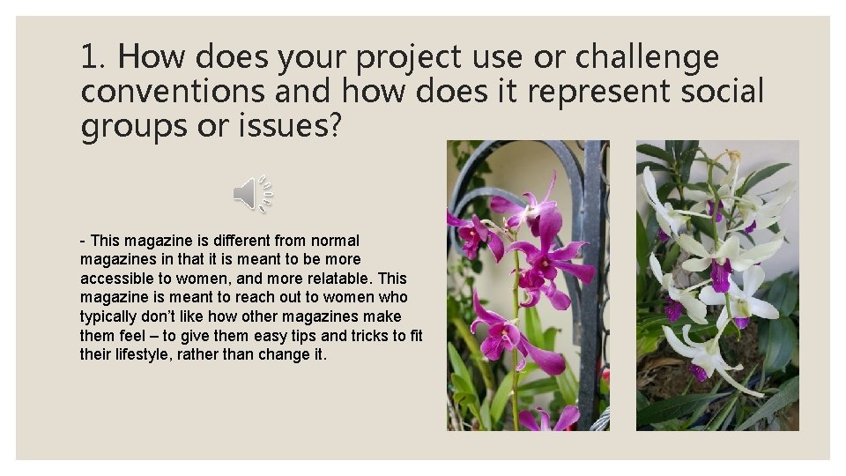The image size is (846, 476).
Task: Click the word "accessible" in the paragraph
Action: click(115, 278)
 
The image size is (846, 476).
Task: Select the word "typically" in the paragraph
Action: click(108, 316)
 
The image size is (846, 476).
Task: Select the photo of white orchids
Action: click(717, 286)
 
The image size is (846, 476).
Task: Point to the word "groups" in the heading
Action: click(130, 125)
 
